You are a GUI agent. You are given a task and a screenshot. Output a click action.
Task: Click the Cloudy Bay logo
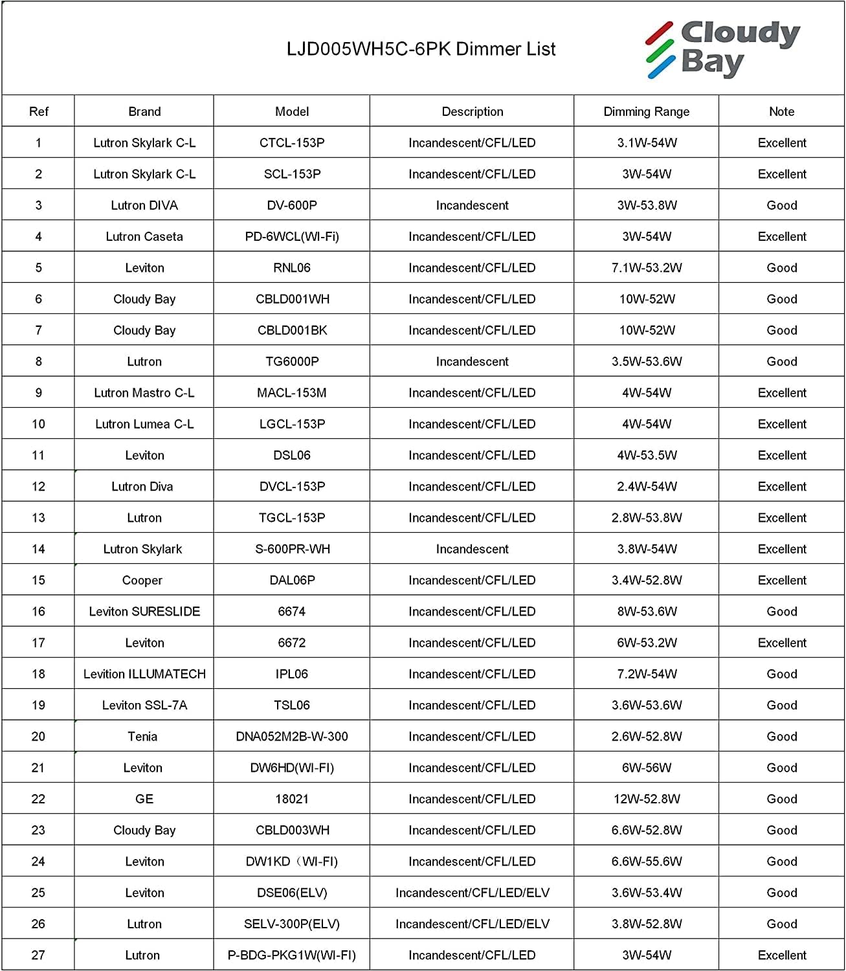pyautogui.click(x=723, y=49)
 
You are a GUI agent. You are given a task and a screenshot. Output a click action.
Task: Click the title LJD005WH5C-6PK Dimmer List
pyautogui.click(x=421, y=49)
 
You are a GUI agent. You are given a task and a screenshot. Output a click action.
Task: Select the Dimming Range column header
pyautogui.click(x=646, y=111)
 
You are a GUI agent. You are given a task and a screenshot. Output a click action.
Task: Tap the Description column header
pyautogui.click(x=472, y=111)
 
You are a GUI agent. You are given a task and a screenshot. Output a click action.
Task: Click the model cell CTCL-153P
pyautogui.click(x=292, y=142)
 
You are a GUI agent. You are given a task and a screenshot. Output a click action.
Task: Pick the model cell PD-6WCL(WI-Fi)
pyautogui.click(x=292, y=236)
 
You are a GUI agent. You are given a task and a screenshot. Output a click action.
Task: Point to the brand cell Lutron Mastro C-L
pyautogui.click(x=144, y=393)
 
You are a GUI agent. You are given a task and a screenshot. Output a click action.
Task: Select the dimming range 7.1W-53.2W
pyautogui.click(x=646, y=268)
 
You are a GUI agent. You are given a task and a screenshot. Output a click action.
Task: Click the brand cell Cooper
pyautogui.click(x=142, y=581)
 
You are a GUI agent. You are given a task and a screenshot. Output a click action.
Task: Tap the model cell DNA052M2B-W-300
pyautogui.click(x=292, y=737)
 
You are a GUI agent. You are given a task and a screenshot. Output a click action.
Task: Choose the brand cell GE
pyautogui.click(x=144, y=799)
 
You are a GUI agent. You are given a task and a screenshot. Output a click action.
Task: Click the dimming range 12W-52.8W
pyautogui.click(x=646, y=799)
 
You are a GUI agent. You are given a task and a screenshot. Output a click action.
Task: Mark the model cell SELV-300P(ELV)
pyautogui.click(x=292, y=924)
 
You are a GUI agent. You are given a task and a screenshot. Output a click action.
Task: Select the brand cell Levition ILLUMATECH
pyautogui.click(x=144, y=674)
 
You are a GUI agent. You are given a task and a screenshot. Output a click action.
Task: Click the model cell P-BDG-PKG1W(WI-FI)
pyautogui.click(x=292, y=955)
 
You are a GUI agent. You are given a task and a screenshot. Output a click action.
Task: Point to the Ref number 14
pyautogui.click(x=38, y=549)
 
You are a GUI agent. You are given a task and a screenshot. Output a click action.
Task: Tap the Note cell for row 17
pyautogui.click(x=782, y=643)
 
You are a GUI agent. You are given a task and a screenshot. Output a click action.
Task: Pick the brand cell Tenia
pyautogui.click(x=142, y=737)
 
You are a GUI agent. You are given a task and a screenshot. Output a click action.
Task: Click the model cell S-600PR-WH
pyautogui.click(x=292, y=549)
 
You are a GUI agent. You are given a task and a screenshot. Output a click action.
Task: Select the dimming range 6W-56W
pyautogui.click(x=646, y=768)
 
